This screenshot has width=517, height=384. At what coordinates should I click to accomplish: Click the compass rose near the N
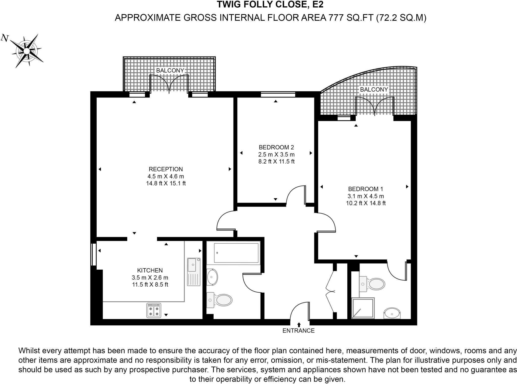pos(27,51)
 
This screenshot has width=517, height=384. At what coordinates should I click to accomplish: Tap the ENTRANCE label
pos(298,331)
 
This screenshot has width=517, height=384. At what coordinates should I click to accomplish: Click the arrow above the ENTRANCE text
pos(299,325)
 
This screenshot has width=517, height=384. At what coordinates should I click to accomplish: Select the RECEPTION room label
pos(166,169)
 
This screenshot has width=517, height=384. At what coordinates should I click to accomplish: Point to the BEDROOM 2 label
pos(276,147)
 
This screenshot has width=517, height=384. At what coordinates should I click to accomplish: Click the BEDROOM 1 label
pos(366,189)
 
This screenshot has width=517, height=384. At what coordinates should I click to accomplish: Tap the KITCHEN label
pos(150,270)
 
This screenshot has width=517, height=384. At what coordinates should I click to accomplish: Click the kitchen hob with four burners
pos(154,311)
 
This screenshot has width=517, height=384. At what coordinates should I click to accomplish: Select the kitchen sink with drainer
pos(194,272)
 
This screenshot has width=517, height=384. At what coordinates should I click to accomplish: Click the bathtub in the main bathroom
pos(236,253)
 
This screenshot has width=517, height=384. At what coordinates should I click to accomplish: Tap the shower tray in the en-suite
pos(363,308)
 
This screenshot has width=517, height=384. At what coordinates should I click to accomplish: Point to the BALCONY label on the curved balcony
pos(374,90)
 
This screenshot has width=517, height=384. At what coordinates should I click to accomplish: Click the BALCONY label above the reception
pos(170,70)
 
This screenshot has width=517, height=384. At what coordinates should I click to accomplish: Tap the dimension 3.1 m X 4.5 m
pos(366,196)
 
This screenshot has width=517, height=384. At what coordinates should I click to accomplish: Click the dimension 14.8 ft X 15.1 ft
pos(166,183)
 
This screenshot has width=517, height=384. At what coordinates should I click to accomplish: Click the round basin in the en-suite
pos(392,314)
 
